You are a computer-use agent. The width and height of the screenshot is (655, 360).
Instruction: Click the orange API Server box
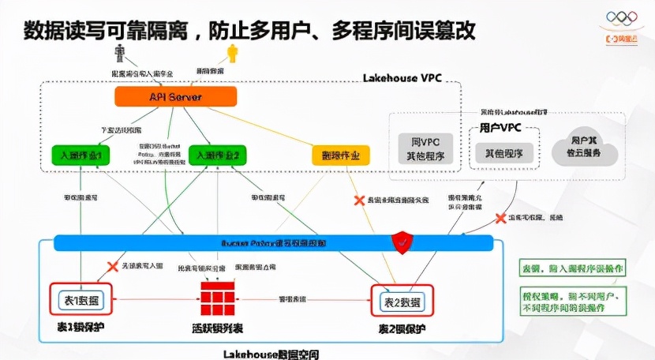(x=175, y=96)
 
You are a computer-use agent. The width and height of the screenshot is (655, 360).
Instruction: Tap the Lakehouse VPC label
(x=402, y=78)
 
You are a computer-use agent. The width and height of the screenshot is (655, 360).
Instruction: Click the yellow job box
(x=341, y=156)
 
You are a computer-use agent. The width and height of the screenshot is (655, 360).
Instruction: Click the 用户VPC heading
(x=500, y=127)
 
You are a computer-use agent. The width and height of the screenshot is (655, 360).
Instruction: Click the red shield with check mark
(x=403, y=242)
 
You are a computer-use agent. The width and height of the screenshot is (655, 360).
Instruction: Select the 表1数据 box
(x=80, y=301)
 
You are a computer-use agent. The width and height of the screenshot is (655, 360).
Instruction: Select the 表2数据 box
(x=402, y=302)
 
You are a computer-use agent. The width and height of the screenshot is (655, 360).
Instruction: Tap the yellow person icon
(x=232, y=53)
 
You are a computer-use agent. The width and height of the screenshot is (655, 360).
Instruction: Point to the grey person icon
(x=120, y=53)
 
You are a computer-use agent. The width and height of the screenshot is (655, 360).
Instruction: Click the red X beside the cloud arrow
(x=500, y=218)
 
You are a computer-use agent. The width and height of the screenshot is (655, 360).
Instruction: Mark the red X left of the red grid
(x=112, y=267)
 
